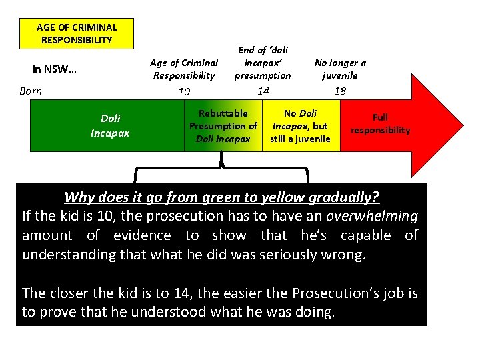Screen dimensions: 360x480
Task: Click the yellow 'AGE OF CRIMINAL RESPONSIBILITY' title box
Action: (x=77, y=33)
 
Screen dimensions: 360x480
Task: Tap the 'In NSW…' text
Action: (x=55, y=69)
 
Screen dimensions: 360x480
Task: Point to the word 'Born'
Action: (x=31, y=91)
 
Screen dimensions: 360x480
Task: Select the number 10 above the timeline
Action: (x=184, y=91)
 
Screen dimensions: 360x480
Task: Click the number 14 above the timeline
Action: (x=263, y=90)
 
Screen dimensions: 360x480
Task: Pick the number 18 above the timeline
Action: (x=340, y=91)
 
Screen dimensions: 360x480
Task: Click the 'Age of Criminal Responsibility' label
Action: (x=184, y=69)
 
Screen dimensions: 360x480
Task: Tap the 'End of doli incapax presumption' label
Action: (x=263, y=63)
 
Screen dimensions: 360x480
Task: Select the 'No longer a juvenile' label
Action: (x=340, y=69)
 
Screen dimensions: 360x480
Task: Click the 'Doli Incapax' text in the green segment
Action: (x=110, y=125)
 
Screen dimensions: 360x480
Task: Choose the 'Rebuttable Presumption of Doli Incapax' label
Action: (x=223, y=126)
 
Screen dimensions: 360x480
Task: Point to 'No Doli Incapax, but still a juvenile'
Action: (x=300, y=126)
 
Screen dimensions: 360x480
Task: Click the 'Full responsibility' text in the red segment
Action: (x=380, y=124)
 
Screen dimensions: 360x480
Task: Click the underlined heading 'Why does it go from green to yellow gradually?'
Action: (x=221, y=197)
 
